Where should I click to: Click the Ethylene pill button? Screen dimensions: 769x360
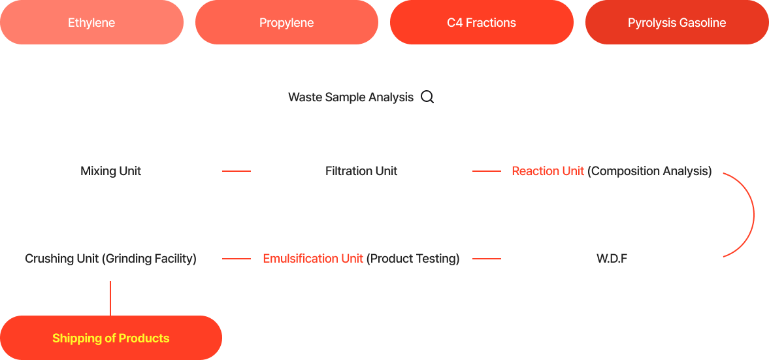point(91,23)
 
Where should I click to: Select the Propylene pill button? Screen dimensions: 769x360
point(287,23)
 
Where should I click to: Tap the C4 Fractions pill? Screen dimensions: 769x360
point(482,23)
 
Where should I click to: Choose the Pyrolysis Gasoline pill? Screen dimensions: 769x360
point(677,23)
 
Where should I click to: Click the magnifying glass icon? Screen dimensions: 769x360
point(428,97)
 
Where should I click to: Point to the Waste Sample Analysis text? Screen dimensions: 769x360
point(351,97)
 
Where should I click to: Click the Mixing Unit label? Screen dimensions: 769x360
point(111,171)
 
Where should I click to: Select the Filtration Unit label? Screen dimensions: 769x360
point(361,171)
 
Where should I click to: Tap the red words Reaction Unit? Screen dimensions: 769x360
point(548,171)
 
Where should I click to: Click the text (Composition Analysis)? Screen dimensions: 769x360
point(649,171)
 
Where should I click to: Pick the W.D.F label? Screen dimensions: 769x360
point(612,259)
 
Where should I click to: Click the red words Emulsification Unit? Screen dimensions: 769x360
point(313,259)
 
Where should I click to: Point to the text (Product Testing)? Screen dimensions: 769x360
point(413,259)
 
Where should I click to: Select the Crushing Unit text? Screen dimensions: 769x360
point(62,259)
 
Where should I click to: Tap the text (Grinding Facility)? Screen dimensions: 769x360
point(149,259)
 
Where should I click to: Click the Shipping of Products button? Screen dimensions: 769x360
point(111,338)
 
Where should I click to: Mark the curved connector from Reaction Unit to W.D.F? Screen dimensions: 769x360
point(754,215)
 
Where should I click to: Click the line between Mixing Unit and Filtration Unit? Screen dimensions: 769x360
point(237,171)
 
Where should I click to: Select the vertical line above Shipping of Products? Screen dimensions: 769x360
point(110,298)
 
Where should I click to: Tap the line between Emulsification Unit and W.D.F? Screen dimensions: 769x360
point(487,259)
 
